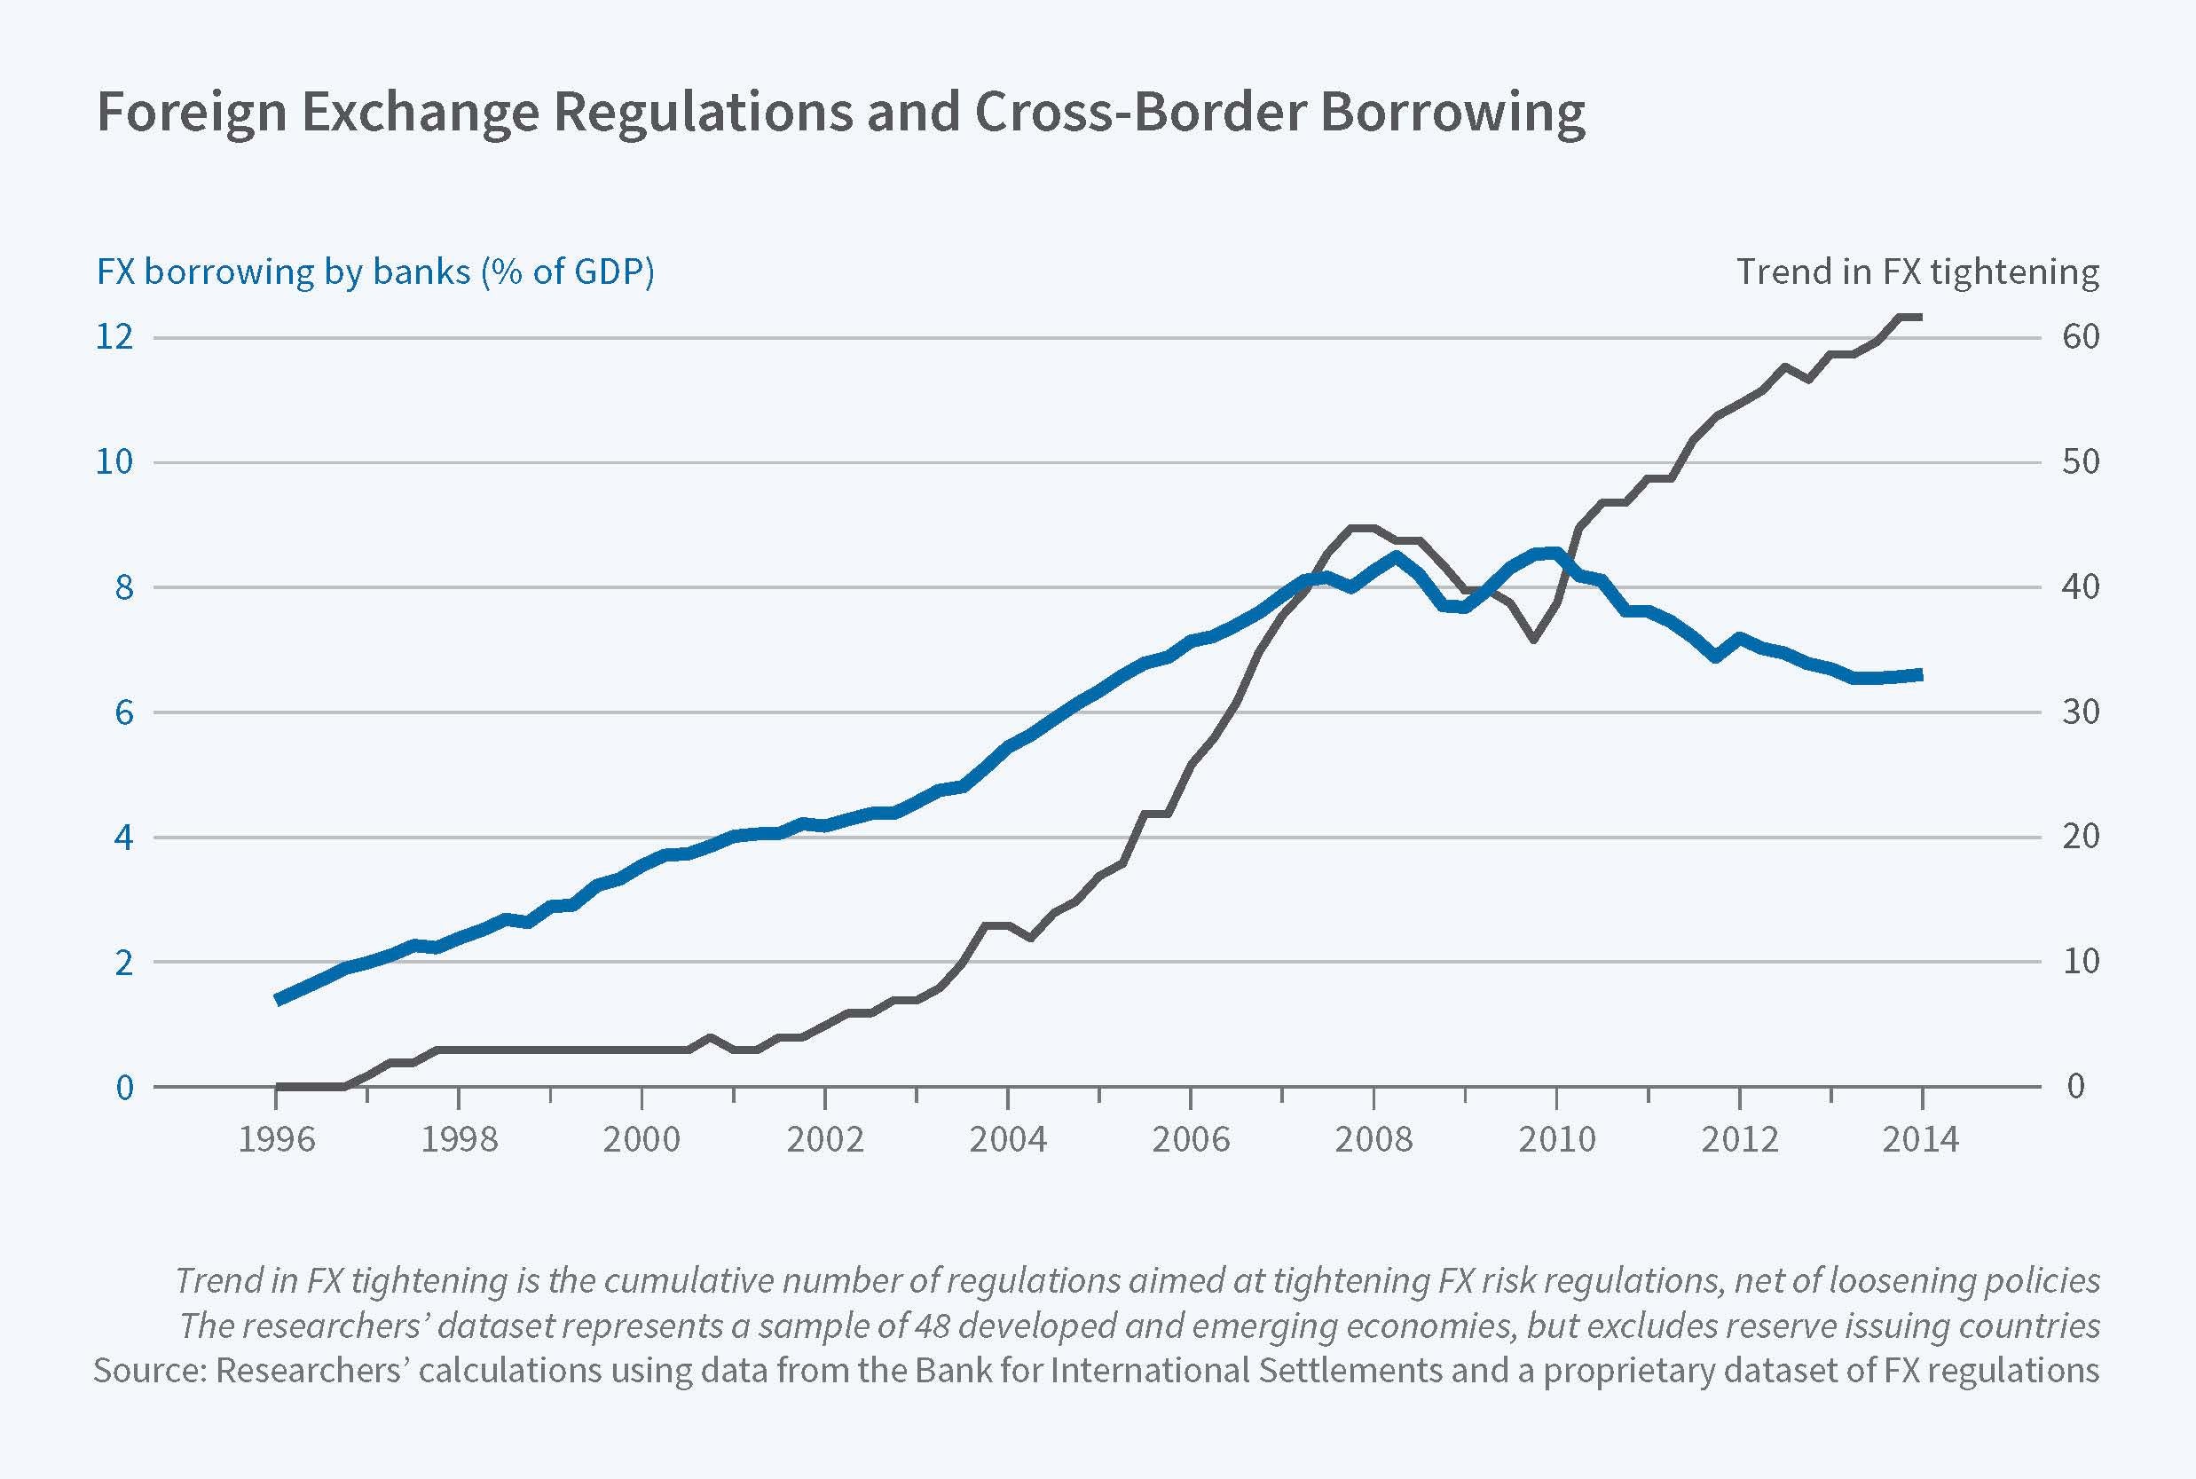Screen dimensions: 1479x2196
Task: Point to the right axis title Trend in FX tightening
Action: pyautogui.click(x=1917, y=271)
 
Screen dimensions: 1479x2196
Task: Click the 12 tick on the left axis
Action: pyautogui.click(x=115, y=337)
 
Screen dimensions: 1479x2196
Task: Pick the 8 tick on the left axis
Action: pyautogui.click(x=123, y=587)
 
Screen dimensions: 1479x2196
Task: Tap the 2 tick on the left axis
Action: pyautogui.click(x=123, y=962)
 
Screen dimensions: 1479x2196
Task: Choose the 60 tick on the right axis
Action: pyautogui.click(x=2081, y=337)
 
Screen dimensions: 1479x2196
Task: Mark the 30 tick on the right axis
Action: pyautogui.click(x=2081, y=712)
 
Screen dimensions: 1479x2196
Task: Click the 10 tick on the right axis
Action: pyautogui.click(x=2081, y=962)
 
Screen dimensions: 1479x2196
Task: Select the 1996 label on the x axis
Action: pyautogui.click(x=277, y=1139)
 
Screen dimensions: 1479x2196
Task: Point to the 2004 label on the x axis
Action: pyautogui.click(x=1007, y=1139)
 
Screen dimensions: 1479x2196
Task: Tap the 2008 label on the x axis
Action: pyautogui.click(x=1373, y=1139)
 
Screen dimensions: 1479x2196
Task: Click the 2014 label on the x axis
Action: pyautogui.click(x=1921, y=1139)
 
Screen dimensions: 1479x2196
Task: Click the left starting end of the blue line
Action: pyautogui.click(x=279, y=999)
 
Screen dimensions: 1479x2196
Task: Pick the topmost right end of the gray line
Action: pyautogui.click(x=1918, y=317)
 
